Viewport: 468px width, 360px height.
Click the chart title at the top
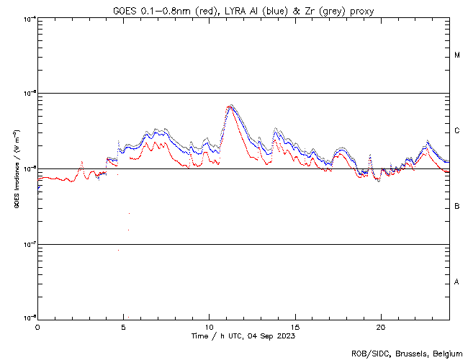tap(243, 11)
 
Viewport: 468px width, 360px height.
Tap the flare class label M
tap(457, 55)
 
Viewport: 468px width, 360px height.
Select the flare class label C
tap(457, 131)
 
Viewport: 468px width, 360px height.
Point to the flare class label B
tap(457, 207)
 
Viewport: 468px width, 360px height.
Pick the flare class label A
tap(457, 282)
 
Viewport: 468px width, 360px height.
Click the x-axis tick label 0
tap(37, 327)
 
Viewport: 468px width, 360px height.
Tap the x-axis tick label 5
tap(123, 327)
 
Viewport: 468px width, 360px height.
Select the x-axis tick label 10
tap(209, 327)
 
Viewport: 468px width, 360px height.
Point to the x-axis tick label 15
tap(295, 327)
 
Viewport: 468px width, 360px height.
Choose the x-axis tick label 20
tap(381, 327)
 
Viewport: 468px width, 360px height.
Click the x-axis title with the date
tap(243, 336)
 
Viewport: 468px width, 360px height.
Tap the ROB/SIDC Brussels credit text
tap(407, 353)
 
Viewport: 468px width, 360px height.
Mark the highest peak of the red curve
tap(230, 107)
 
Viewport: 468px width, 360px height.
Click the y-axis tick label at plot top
tap(30, 19)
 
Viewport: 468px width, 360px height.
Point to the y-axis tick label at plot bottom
tap(30, 318)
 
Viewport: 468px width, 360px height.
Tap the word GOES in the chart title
tap(124, 11)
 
